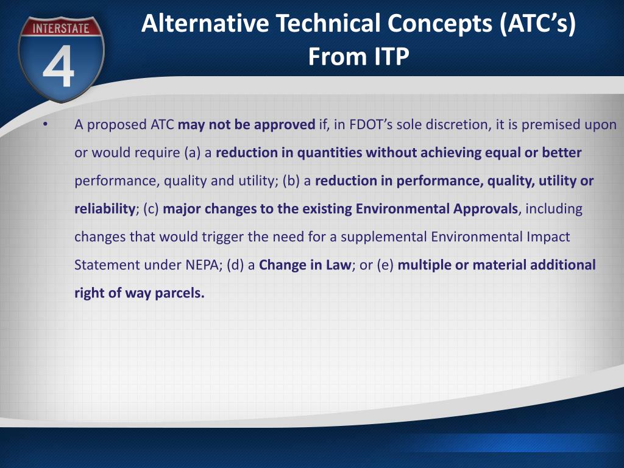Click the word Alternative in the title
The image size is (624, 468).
(x=205, y=23)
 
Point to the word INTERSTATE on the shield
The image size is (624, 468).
(x=61, y=28)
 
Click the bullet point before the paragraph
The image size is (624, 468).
(x=46, y=125)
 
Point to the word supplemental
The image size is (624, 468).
(x=384, y=238)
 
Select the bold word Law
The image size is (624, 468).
(x=339, y=265)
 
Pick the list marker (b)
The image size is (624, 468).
(x=291, y=181)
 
